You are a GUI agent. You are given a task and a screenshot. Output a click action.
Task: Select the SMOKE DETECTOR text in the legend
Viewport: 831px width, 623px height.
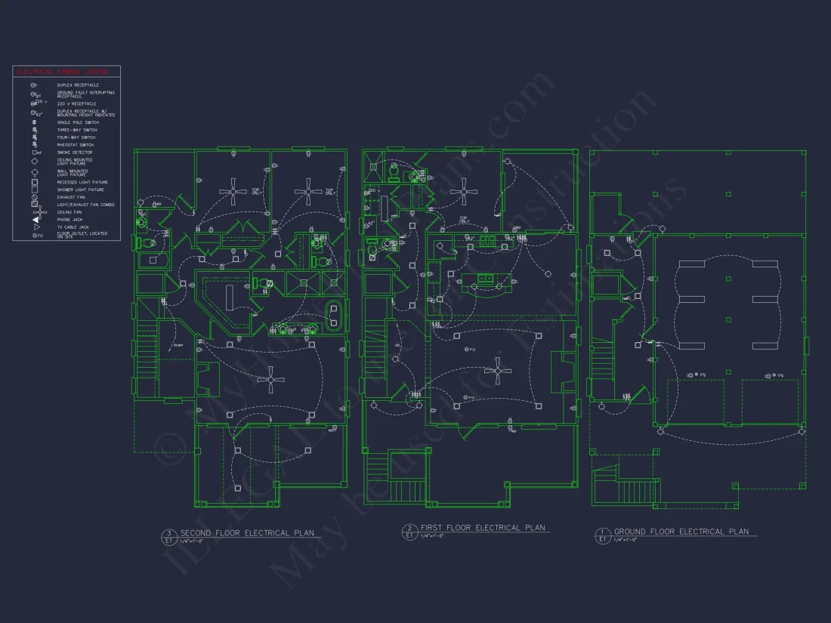pos(75,153)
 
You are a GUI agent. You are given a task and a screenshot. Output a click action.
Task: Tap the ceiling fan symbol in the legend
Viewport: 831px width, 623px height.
pos(35,212)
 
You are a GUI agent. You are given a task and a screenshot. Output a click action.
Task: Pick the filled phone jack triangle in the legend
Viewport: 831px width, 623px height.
pos(35,219)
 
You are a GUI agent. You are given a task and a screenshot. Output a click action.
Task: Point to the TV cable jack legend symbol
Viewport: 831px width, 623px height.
pos(35,227)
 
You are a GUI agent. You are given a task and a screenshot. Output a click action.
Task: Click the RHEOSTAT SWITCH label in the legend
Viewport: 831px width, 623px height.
pos(76,145)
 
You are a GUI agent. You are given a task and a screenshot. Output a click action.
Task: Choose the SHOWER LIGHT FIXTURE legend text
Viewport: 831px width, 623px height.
pos(81,190)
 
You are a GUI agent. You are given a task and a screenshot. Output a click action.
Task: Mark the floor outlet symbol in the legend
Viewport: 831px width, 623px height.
pos(35,235)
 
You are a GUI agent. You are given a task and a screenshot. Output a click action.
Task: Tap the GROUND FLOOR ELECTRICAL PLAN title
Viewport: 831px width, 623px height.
pos(681,532)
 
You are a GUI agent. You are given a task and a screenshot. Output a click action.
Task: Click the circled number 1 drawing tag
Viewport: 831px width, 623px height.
pos(602,532)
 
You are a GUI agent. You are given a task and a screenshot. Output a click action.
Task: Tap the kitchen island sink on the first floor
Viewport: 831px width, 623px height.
pos(484,279)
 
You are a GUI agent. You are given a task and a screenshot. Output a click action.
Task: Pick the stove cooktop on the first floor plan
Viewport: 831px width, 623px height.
pos(488,241)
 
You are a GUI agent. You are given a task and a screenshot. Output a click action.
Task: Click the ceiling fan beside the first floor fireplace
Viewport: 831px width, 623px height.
pos(498,371)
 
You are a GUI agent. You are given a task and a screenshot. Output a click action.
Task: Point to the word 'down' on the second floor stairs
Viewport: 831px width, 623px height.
pos(178,346)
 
